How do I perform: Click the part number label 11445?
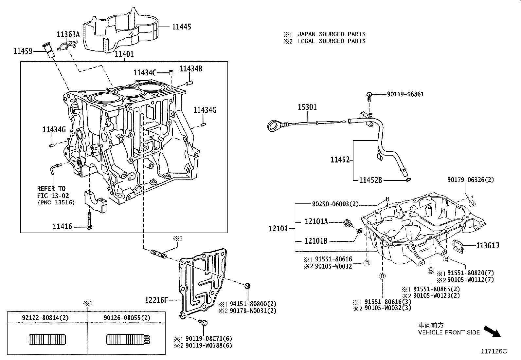(182, 27)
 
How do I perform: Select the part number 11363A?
(68, 34)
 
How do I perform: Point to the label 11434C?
(145, 73)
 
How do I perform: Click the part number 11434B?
(191, 68)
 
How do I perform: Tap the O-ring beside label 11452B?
(407, 180)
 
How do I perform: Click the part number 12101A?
(316, 222)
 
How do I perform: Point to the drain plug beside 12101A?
(348, 224)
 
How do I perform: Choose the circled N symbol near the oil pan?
(472, 204)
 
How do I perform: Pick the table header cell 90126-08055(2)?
(127, 317)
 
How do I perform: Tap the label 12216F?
(156, 300)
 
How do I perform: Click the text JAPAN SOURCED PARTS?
(331, 34)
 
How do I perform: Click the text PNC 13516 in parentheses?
(56, 202)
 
